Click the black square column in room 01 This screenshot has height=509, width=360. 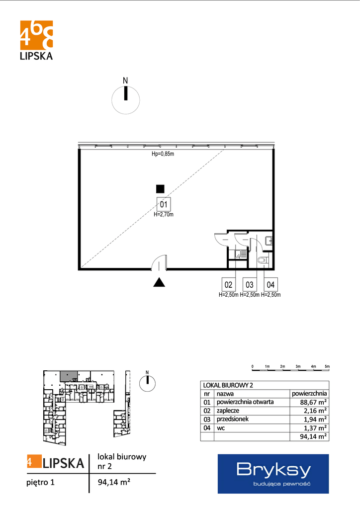(160, 188)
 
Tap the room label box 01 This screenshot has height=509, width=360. (164, 204)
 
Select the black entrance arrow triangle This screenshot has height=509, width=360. (159, 282)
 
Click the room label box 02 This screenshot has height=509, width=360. (229, 285)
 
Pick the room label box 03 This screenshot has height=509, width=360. (249, 285)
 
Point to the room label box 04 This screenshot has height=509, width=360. (270, 285)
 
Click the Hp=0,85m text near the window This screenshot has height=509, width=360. (163, 154)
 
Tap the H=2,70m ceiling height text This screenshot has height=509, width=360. (164, 215)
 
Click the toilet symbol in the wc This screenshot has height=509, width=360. (262, 259)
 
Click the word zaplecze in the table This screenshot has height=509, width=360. (228, 411)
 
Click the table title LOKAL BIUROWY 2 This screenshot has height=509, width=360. (228, 385)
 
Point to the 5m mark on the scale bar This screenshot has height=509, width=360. (327, 366)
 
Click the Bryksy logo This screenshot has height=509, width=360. (273, 474)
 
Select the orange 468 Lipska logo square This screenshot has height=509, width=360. (36, 35)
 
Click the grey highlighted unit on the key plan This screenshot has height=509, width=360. (69, 376)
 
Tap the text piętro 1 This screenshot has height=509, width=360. (41, 482)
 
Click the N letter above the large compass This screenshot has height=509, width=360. (125, 81)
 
